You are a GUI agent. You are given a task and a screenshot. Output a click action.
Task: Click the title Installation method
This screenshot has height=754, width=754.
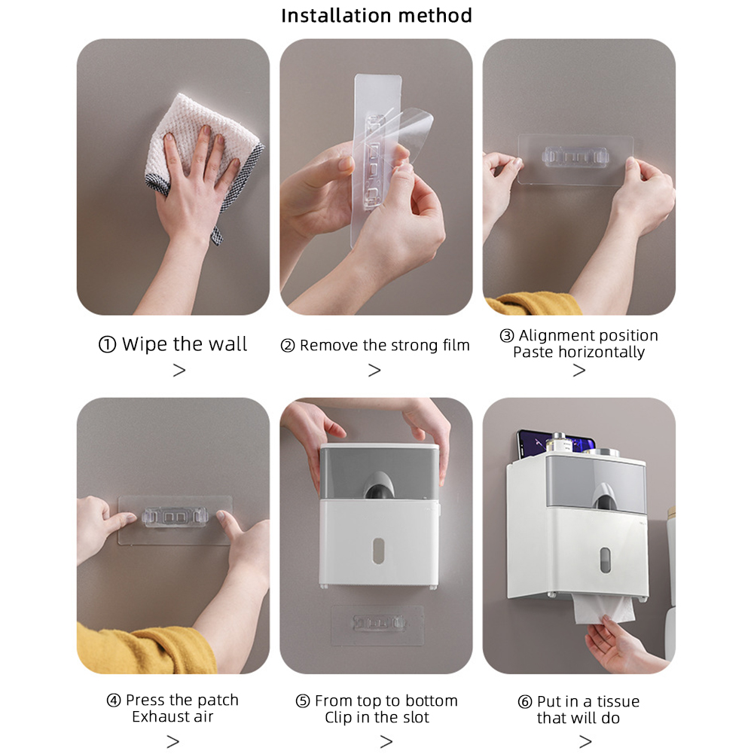(377, 16)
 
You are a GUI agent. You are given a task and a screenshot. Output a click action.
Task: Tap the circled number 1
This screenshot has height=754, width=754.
(107, 344)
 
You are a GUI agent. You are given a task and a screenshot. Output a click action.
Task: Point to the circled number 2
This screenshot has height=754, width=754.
(288, 345)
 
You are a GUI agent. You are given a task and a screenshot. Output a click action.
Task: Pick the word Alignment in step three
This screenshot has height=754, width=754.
(554, 335)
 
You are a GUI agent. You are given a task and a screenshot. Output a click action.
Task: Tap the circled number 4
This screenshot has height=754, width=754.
(114, 701)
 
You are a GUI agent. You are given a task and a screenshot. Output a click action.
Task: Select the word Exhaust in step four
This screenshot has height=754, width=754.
(156, 716)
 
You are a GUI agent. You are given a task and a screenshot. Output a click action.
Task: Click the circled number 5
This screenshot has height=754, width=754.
(303, 701)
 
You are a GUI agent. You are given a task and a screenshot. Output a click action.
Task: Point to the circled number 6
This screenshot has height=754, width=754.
(524, 702)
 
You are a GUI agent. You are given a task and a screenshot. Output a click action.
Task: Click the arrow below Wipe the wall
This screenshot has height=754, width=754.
(179, 370)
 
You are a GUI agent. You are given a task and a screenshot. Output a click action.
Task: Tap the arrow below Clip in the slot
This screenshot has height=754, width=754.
(386, 741)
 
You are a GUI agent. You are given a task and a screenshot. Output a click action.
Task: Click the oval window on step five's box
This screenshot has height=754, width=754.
(378, 551)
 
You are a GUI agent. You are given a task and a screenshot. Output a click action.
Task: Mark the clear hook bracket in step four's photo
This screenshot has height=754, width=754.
(175, 517)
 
